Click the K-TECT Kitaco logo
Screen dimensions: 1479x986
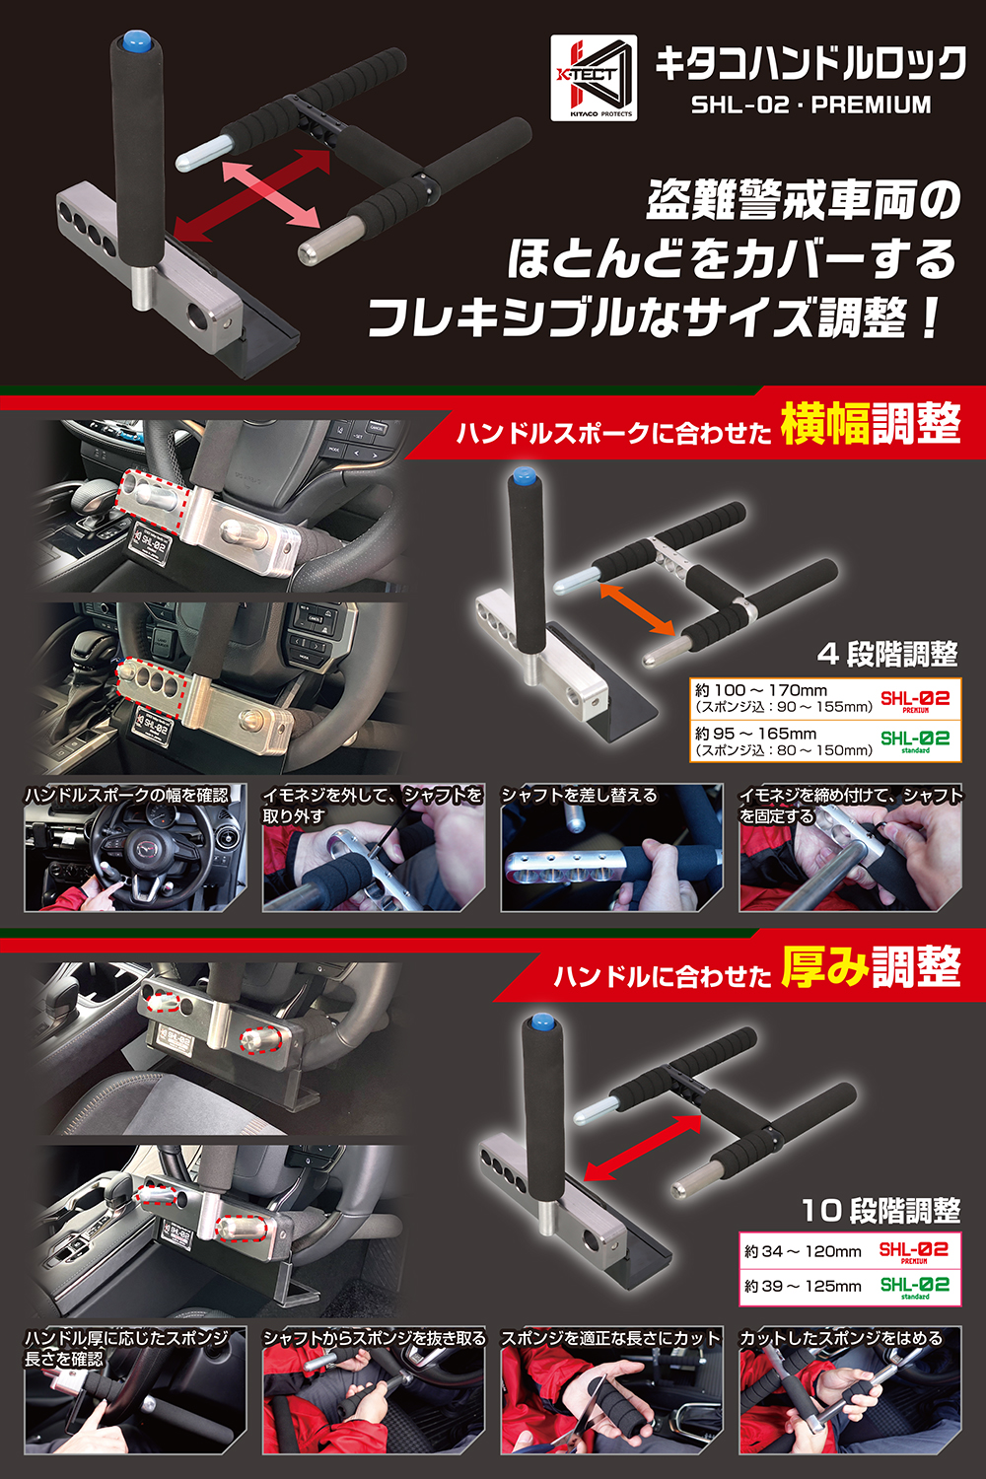[x=594, y=78]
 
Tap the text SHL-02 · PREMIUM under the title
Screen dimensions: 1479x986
[x=810, y=105]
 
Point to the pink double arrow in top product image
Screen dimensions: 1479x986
[x=271, y=194]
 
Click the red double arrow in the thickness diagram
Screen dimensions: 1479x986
[x=642, y=1147]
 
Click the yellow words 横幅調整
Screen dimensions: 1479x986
[x=870, y=425]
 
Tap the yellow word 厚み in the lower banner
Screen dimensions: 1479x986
[x=824, y=967]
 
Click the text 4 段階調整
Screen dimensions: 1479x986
[x=887, y=654]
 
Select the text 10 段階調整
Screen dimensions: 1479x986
[x=880, y=1210]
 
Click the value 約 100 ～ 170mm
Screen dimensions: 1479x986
[x=760, y=690]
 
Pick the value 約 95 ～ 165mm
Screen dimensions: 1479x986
[x=755, y=734]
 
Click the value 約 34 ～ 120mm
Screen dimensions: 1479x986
[x=803, y=1251]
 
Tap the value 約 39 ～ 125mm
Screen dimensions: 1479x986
[x=803, y=1286]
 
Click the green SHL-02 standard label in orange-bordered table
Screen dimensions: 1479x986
[x=915, y=740]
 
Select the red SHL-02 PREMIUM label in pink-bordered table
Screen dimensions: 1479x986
[x=914, y=1251]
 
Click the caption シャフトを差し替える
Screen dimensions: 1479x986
[x=579, y=795]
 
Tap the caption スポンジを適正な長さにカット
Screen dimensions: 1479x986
[x=610, y=1338]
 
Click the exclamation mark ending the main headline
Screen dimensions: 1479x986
[x=929, y=317]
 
